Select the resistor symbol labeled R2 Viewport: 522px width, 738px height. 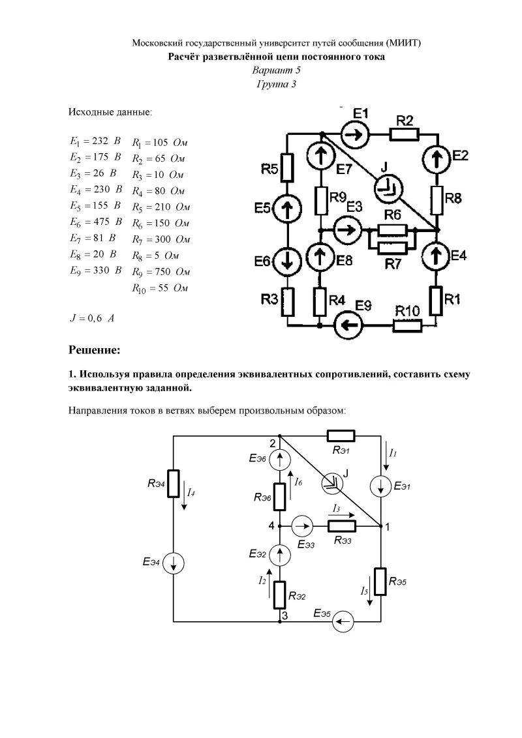(x=405, y=134)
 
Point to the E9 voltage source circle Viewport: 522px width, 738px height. (x=346, y=323)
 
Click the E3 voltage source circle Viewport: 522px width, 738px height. (x=346, y=229)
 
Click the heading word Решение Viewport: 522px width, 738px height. (x=95, y=351)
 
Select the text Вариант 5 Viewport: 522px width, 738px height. (x=277, y=70)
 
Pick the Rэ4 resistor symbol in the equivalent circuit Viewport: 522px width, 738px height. (x=173, y=484)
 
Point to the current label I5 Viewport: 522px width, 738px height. (x=365, y=591)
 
